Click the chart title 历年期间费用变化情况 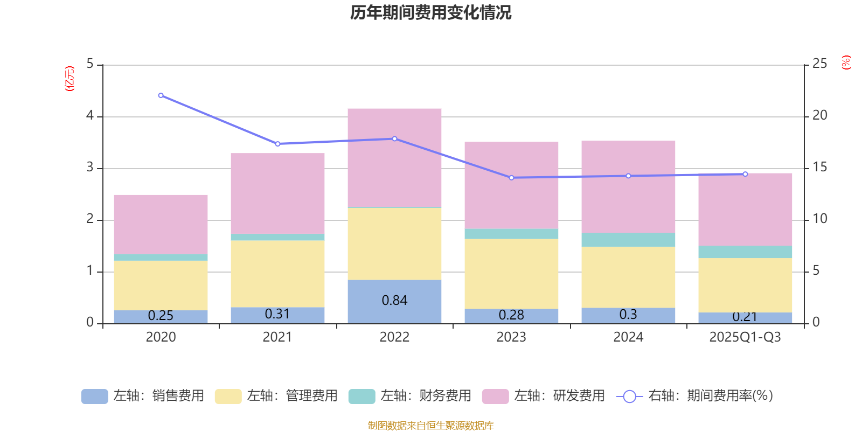(x=430, y=13)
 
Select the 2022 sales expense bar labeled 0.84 (x=394, y=301)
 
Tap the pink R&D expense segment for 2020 (x=161, y=224)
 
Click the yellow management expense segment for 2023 (x=511, y=274)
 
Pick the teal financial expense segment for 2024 (x=628, y=240)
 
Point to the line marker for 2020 (x=161, y=95)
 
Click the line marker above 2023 (x=511, y=178)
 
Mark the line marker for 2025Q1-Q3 (x=745, y=174)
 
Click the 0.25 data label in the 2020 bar (x=161, y=316)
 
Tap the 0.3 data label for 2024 (x=628, y=315)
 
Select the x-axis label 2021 (x=277, y=337)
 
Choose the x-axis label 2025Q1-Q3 (x=745, y=337)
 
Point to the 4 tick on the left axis (x=90, y=116)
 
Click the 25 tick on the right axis (x=819, y=64)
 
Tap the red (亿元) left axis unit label (x=69, y=79)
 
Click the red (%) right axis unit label (x=846, y=62)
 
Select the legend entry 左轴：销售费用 (x=143, y=396)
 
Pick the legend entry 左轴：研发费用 (x=544, y=396)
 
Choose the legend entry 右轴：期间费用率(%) (x=695, y=396)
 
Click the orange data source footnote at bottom (x=430, y=426)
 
